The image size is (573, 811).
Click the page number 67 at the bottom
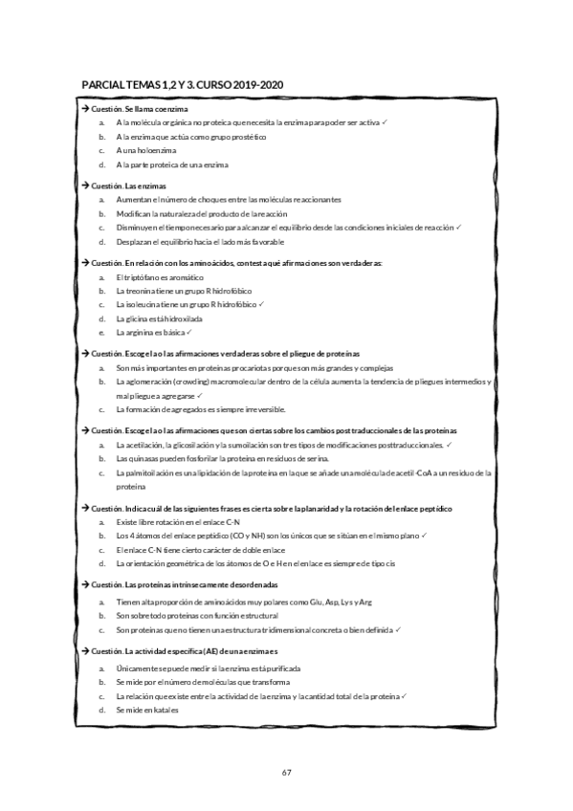[286, 772]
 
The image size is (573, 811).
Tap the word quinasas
[143, 459]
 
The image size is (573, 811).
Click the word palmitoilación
[150, 472]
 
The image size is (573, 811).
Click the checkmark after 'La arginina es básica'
[191, 332]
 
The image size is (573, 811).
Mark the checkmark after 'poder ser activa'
[383, 122]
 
